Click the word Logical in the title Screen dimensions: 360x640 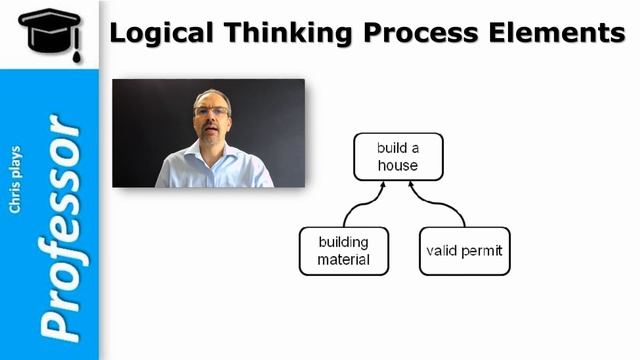[160, 33]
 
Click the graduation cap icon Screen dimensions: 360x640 [49, 33]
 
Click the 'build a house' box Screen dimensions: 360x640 [397, 157]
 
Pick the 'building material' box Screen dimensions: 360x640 [343, 251]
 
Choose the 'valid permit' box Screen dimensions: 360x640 [465, 251]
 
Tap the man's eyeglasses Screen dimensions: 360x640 [210, 111]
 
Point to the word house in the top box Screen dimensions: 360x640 [397, 165]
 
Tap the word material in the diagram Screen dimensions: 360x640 [343, 260]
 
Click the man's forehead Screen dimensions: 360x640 [211, 99]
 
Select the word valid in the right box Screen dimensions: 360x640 [442, 251]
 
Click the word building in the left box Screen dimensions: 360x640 [343, 242]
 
